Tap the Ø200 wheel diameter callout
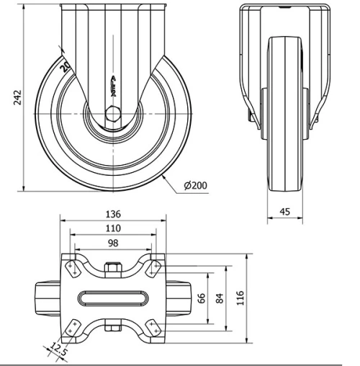point(196,185)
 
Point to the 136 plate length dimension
point(112,214)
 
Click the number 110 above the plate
point(112,228)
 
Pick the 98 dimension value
point(112,244)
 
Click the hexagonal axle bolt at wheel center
point(113,113)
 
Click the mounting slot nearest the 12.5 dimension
point(73,329)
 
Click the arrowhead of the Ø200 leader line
point(166,174)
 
